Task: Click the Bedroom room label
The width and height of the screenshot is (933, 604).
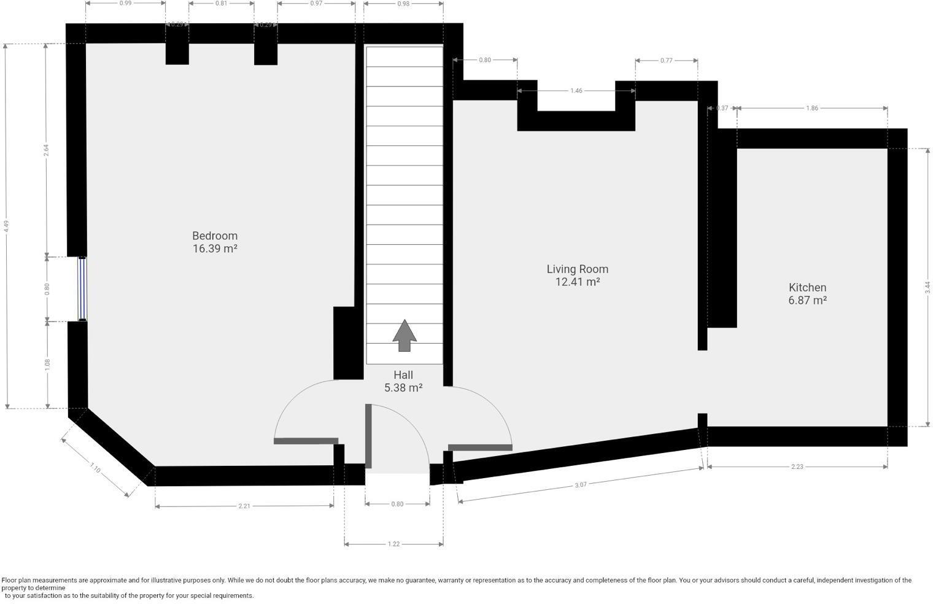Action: pyautogui.click(x=215, y=236)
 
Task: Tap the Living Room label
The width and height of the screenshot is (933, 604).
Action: pyautogui.click(x=577, y=269)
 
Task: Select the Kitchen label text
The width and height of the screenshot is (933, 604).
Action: pyautogui.click(x=807, y=287)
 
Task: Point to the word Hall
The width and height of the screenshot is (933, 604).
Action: pyautogui.click(x=403, y=375)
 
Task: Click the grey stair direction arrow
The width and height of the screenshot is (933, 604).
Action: pyautogui.click(x=405, y=335)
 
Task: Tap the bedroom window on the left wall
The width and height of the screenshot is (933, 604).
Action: pyautogui.click(x=82, y=289)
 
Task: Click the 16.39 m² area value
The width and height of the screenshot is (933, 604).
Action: pyautogui.click(x=215, y=249)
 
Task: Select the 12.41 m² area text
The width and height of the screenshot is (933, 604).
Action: pyautogui.click(x=577, y=282)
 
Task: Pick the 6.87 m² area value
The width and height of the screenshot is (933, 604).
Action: pyautogui.click(x=807, y=300)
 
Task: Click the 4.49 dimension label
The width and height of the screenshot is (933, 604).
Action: pyautogui.click(x=6, y=226)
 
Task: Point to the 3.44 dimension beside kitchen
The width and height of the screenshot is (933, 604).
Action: pyautogui.click(x=927, y=287)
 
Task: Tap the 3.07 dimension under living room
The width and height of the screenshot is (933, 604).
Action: pyautogui.click(x=580, y=484)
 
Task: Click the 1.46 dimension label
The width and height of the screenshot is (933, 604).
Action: pyautogui.click(x=576, y=90)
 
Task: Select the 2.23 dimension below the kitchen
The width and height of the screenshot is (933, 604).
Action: pyautogui.click(x=797, y=467)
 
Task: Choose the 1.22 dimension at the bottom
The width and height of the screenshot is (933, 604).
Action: pyautogui.click(x=393, y=544)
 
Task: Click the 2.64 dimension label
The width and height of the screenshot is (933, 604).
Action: pyautogui.click(x=47, y=150)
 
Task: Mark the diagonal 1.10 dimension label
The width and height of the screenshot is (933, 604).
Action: pyautogui.click(x=95, y=468)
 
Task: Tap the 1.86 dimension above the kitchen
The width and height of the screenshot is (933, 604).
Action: pyautogui.click(x=812, y=108)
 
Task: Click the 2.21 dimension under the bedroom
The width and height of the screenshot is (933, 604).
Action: pyautogui.click(x=244, y=506)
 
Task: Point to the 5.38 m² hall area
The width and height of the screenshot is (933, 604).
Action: pyautogui.click(x=403, y=388)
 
